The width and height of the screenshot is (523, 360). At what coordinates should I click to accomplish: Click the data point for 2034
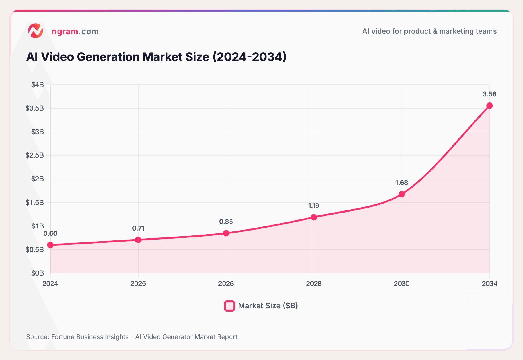pos(490,106)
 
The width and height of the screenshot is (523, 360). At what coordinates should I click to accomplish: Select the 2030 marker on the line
pos(402,194)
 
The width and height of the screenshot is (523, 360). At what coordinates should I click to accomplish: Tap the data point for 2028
pos(314,217)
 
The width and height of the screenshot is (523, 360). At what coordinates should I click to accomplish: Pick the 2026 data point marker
pos(226,233)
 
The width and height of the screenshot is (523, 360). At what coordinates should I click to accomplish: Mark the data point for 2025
pos(138,240)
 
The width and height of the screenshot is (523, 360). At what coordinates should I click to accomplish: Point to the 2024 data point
pos(50,245)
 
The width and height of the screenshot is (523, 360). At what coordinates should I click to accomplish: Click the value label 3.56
pos(489,94)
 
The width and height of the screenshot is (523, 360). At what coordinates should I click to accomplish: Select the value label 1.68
pos(402,183)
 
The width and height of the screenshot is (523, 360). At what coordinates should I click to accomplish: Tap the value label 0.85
pos(226,222)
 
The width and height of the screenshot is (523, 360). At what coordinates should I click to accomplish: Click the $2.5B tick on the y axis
pos(35,155)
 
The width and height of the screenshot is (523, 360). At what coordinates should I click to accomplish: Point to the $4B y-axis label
pos(38,85)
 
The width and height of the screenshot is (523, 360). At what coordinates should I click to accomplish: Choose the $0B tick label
pos(38,273)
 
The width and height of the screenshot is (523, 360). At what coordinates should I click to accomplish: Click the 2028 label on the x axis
pos(314,284)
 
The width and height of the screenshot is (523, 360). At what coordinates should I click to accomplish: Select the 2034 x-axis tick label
pos(489,284)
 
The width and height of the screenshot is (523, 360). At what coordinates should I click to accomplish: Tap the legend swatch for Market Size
pos(230,306)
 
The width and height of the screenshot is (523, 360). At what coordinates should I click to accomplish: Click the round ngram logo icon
pos(35,31)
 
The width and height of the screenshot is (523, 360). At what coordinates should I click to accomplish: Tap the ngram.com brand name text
pos(75,31)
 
